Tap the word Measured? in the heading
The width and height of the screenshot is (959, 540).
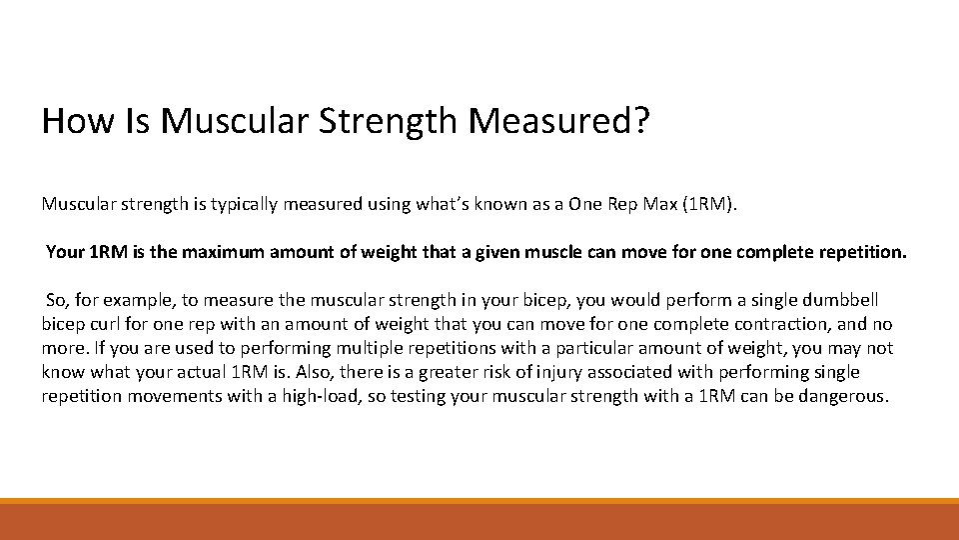[x=558, y=121]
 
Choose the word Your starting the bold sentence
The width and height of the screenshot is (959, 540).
[x=66, y=252]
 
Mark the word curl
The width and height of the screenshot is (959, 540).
[x=111, y=324]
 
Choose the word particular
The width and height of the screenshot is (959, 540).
[x=554, y=348]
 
